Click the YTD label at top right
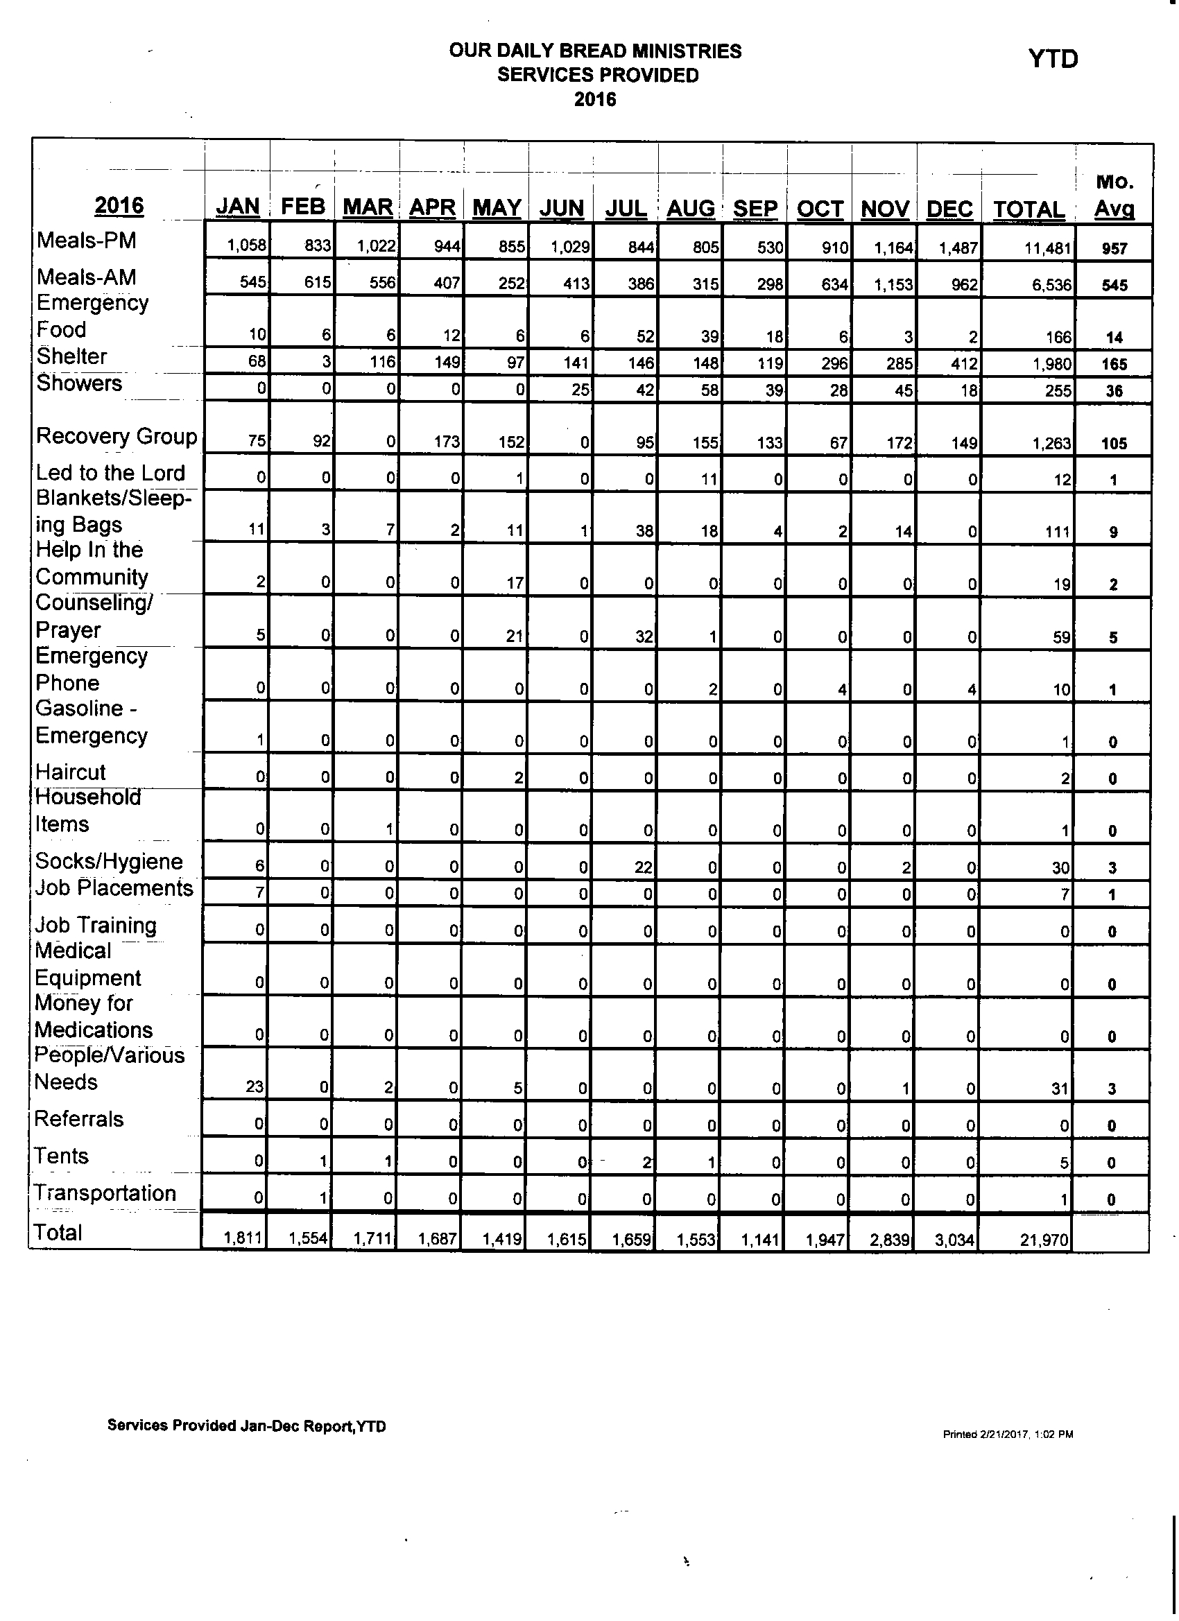[1053, 59]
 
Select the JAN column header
[237, 207]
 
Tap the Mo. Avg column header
[1115, 195]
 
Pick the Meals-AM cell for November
[893, 284]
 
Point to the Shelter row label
[71, 356]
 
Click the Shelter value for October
[834, 363]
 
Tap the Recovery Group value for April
[447, 442]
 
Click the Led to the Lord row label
[110, 473]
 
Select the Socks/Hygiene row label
[109, 861]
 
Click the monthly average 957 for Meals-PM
[1114, 249]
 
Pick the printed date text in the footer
[1008, 1434]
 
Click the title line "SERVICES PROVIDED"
[598, 75]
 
